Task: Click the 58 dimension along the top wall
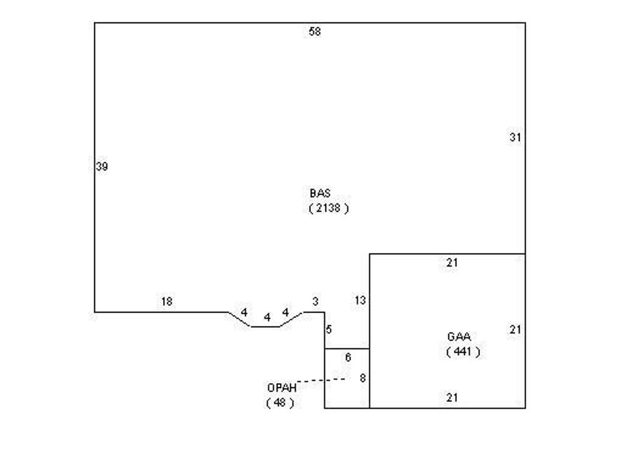click(315, 32)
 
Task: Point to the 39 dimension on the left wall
click(102, 167)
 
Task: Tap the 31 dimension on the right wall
click(515, 137)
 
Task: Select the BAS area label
click(320, 193)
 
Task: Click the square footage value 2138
click(328, 208)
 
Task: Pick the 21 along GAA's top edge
click(452, 263)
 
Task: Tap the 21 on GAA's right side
click(515, 329)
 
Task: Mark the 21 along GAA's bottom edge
click(452, 398)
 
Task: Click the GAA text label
click(459, 337)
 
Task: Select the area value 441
click(462, 351)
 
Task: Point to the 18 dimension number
click(167, 302)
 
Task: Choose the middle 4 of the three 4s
click(267, 317)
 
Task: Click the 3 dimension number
click(316, 302)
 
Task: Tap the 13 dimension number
click(360, 300)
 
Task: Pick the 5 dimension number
click(329, 329)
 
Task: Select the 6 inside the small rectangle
click(348, 358)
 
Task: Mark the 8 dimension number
click(363, 378)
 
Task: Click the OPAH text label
click(282, 388)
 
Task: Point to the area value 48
click(280, 403)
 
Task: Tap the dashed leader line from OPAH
click(321, 381)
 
